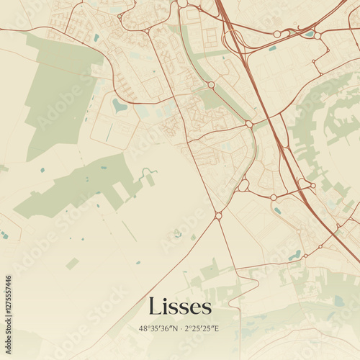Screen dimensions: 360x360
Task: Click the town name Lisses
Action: pyautogui.click(x=180, y=307)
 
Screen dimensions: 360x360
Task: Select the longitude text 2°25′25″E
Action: pyautogui.click(x=202, y=329)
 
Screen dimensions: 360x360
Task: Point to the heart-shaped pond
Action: pyautogui.click(x=119, y=107)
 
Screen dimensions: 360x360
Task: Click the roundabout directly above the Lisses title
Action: pyautogui.click(x=218, y=215)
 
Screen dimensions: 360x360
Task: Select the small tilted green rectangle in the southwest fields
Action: pyautogui.click(x=72, y=264)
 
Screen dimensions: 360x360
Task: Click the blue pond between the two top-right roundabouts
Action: pyautogui.click(x=309, y=33)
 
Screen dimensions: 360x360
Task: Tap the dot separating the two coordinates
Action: pyautogui.click(x=180, y=329)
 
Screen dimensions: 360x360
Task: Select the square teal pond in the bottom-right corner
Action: pyautogui.click(x=338, y=300)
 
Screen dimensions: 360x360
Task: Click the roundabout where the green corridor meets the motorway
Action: pyautogui.click(x=249, y=124)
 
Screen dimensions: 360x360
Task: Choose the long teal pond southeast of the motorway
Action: pyautogui.click(x=295, y=255)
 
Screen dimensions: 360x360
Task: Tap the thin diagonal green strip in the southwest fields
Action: pyautogui.click(x=129, y=231)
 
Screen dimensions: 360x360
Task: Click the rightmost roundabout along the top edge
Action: pyautogui.click(x=317, y=35)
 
